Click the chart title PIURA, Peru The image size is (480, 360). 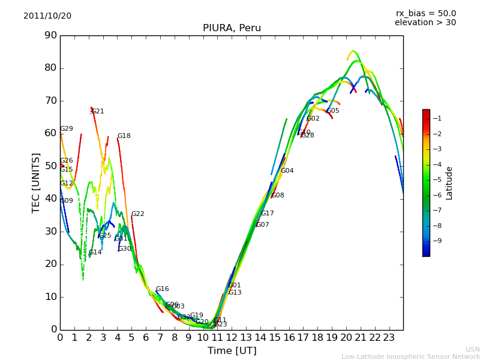232,28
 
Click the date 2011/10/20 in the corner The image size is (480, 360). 47,16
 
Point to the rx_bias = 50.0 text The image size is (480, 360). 426,14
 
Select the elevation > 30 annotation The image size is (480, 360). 425,23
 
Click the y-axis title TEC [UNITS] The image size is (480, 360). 36,182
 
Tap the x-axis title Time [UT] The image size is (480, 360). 232,351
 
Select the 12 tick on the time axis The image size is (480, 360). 232,338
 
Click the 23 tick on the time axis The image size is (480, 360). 389,338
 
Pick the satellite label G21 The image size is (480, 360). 98,112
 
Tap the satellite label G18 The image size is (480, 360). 124,136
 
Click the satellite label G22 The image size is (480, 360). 138,214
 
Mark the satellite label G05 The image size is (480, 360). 333,111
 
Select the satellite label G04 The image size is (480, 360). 287,171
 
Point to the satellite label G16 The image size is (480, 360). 163,289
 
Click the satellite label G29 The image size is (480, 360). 67,129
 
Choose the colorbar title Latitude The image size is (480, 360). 449,183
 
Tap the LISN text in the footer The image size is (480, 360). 473,350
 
